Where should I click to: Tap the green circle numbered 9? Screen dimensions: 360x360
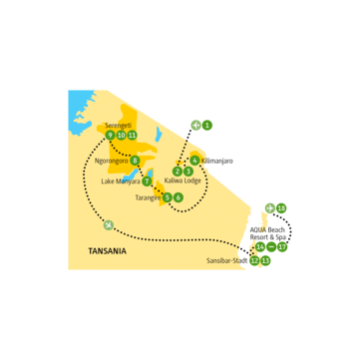coord(109,135)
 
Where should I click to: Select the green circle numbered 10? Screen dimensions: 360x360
coord(121,135)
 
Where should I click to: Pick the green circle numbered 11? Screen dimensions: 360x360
coord(133,135)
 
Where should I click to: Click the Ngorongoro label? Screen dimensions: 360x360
coord(111,160)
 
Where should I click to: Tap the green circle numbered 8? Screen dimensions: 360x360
coord(135,160)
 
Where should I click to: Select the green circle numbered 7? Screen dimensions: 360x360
coord(147,181)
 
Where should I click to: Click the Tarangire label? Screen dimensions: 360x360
coord(146,197)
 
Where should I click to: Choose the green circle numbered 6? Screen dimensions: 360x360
coord(178,197)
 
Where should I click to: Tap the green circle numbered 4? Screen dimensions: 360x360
coord(192,160)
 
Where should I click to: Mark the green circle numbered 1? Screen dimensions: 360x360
coord(207,125)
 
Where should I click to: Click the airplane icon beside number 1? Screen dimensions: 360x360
coord(195,125)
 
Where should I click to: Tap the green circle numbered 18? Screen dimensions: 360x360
coord(282,207)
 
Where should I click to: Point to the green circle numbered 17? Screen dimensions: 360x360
coord(283,245)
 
